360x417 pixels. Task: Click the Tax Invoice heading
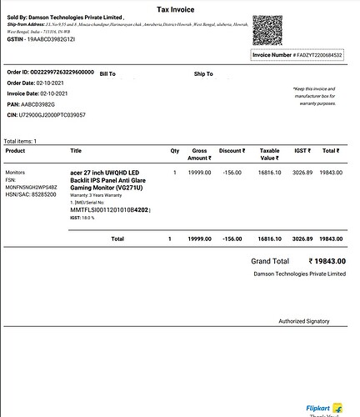pos(179,8)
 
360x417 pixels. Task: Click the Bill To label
pos(107,74)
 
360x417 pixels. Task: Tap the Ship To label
pos(203,74)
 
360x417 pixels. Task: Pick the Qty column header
pos(175,151)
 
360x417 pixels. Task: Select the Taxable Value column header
pos(269,154)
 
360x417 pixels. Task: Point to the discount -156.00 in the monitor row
pos(231,172)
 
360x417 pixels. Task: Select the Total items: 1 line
pos(21,141)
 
